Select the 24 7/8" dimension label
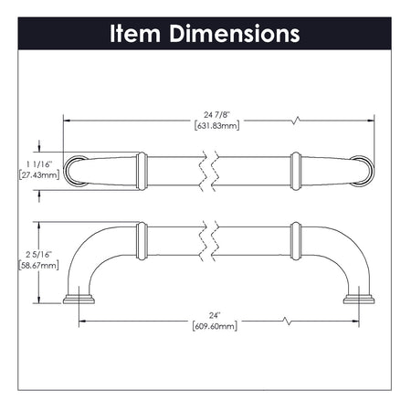(x=217, y=114)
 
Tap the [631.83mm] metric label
(x=217, y=126)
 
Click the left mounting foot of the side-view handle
(x=79, y=300)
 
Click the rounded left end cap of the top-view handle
(x=75, y=169)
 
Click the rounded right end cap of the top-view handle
(x=364, y=169)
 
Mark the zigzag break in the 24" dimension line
(x=286, y=321)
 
